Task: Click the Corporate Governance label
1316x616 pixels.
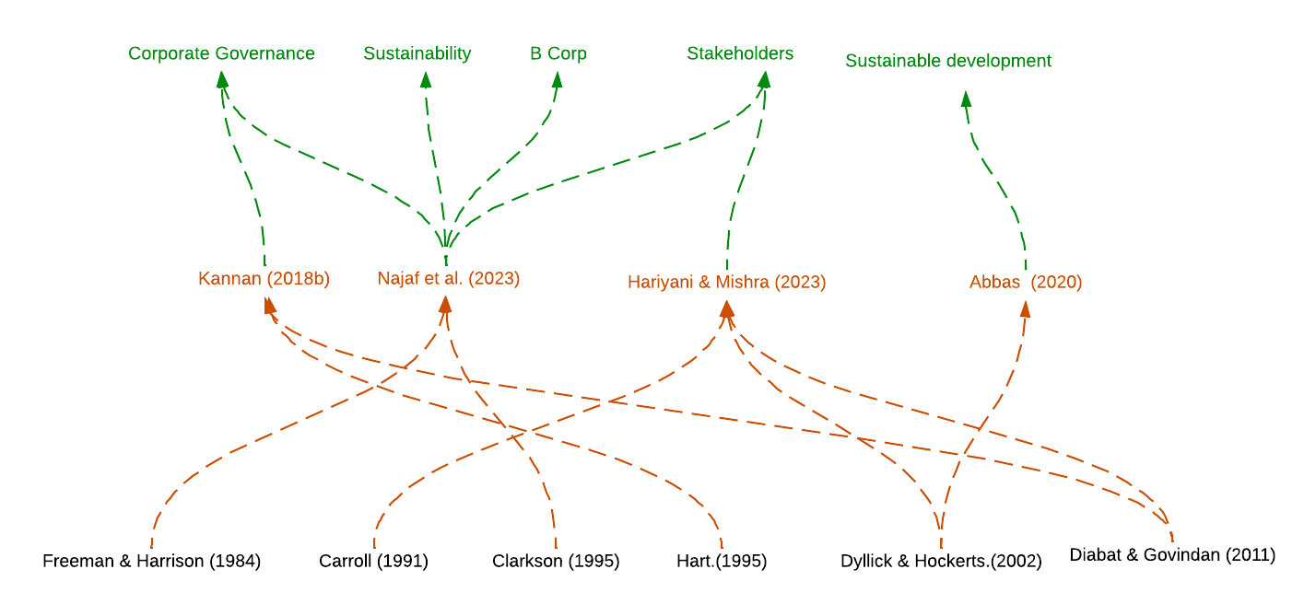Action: coord(221,53)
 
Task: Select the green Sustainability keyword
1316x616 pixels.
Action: coord(417,53)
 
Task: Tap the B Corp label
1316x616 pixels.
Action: coord(558,53)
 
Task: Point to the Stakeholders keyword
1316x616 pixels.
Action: coord(739,53)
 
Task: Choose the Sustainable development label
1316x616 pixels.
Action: coord(947,61)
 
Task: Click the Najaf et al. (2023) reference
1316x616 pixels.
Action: coord(449,278)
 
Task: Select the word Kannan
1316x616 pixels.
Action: coord(229,279)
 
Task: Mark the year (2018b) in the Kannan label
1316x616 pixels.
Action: coord(298,279)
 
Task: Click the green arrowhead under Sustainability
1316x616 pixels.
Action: coord(425,80)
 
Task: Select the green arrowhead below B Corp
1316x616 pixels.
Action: coord(557,80)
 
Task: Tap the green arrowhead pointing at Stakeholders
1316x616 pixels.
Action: coord(764,80)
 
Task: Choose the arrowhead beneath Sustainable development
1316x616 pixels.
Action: coord(966,99)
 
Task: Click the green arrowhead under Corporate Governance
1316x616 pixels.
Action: coord(222,80)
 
